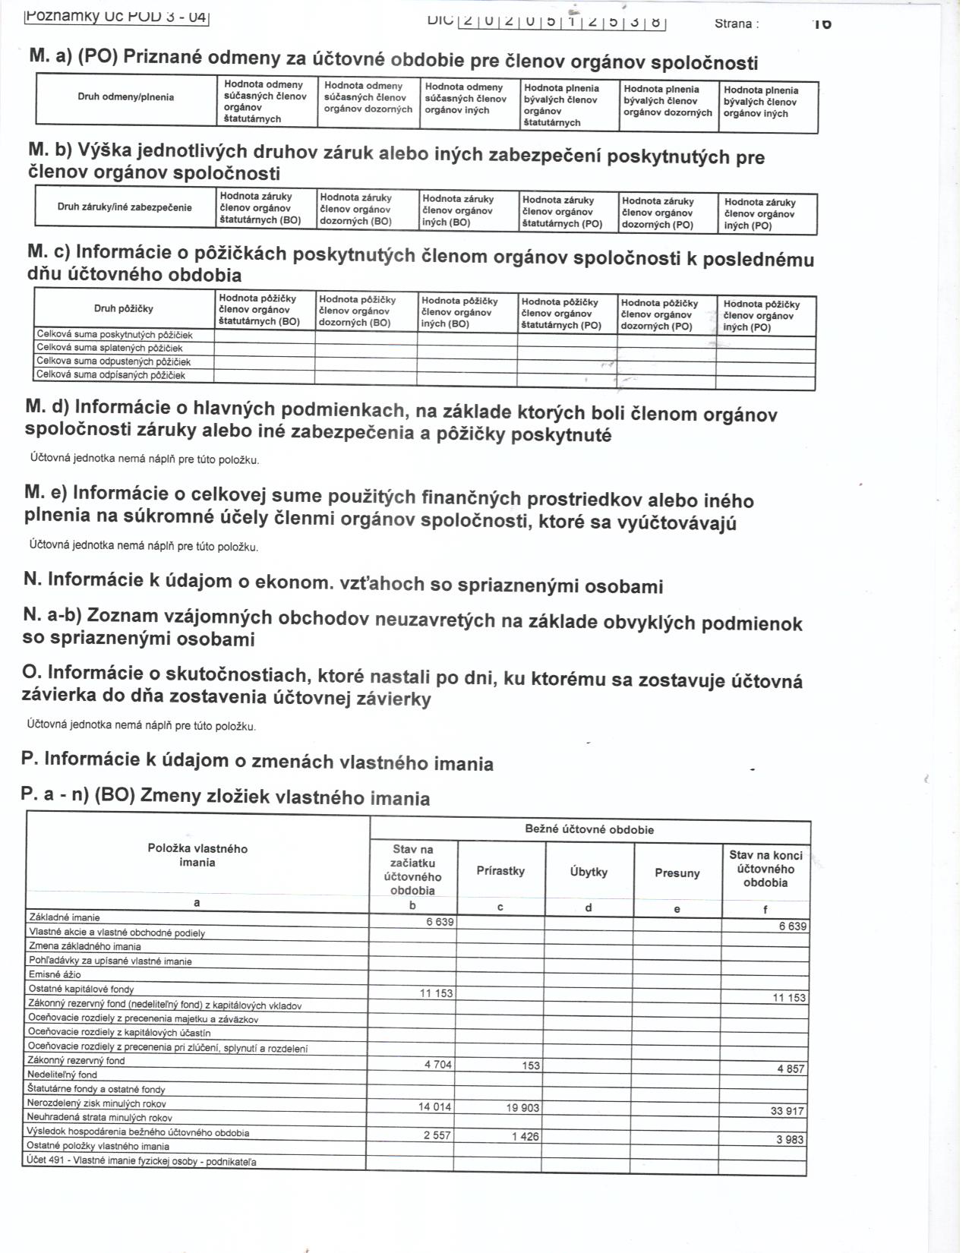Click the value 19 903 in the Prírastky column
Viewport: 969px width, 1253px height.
pos(522,1108)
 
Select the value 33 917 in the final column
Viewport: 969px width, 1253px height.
pos(788,1111)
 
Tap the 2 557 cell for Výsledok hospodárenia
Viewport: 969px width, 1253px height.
pos(435,1135)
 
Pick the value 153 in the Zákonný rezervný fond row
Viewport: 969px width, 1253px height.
pos(530,1065)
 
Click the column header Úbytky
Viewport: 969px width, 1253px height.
pos(589,872)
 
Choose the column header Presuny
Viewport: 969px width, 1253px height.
pos(677,873)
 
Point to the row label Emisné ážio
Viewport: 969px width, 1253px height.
pos(55,974)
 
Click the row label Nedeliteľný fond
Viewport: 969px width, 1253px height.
pos(62,1075)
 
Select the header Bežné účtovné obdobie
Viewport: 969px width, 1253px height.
pos(589,829)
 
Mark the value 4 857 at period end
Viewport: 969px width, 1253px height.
pos(791,1068)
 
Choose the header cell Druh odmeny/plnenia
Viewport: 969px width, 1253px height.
pos(125,96)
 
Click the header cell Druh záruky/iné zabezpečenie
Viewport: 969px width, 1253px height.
pos(125,207)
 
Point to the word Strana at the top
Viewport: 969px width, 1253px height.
pos(736,24)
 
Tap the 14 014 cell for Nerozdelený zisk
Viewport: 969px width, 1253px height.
pos(434,1107)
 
